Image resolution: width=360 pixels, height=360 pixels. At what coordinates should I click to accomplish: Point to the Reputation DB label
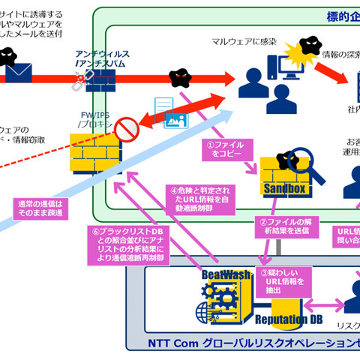tap(280, 321)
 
